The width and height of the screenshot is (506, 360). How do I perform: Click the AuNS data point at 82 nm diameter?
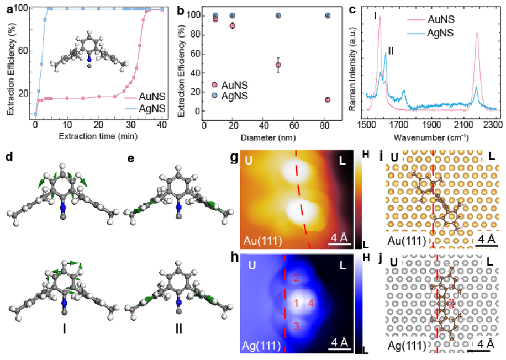tap(328, 100)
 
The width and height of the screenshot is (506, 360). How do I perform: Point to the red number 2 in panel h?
tap(297, 278)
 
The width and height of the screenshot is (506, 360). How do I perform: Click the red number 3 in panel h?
tap(297, 326)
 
